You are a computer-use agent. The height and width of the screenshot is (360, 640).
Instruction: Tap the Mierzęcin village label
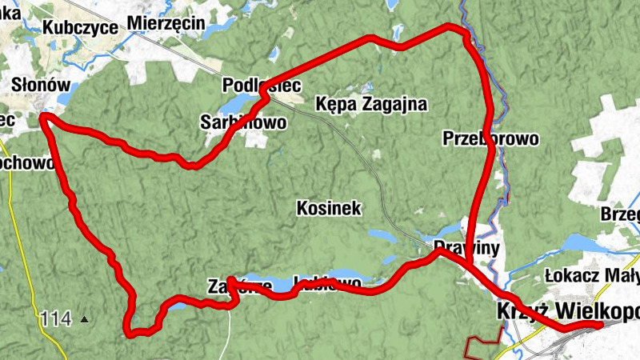(x=166, y=22)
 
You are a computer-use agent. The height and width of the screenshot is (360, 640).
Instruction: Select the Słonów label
(x=42, y=84)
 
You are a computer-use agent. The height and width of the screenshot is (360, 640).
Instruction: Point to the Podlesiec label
(x=250, y=85)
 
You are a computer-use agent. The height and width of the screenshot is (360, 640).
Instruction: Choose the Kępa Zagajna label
(x=371, y=104)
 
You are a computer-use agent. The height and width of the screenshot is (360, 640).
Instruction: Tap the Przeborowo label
(x=490, y=138)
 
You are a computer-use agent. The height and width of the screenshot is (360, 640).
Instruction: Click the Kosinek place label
(x=329, y=209)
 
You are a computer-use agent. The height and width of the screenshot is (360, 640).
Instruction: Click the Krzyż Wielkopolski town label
(x=568, y=311)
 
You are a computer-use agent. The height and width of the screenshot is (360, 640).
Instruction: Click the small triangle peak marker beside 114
(x=85, y=321)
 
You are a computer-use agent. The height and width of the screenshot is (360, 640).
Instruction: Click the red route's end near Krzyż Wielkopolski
(x=622, y=323)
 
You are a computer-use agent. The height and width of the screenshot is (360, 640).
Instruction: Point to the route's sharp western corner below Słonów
(x=44, y=118)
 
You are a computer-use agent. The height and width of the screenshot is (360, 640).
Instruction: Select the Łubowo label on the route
(x=328, y=283)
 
